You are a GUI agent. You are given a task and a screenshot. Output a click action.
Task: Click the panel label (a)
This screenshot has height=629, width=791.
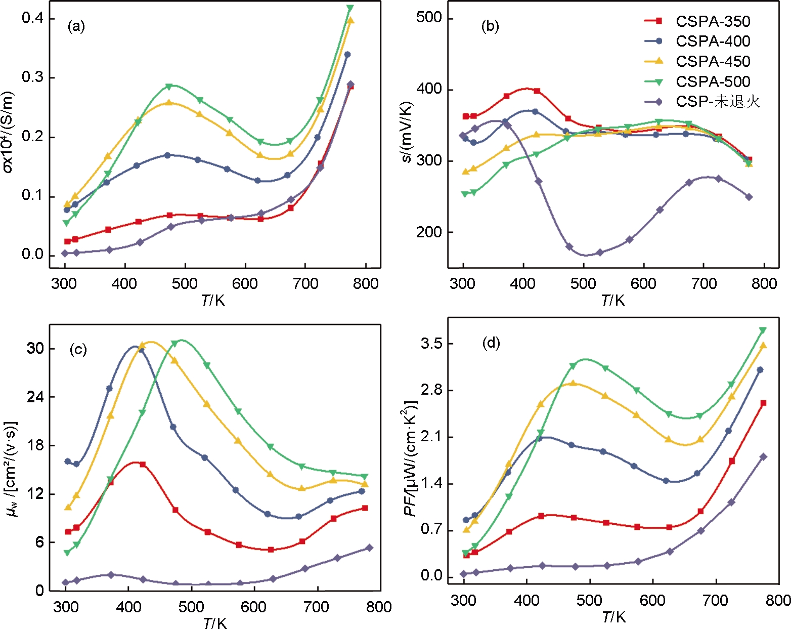click(76, 26)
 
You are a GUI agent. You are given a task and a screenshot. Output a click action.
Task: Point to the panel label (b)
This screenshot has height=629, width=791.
click(490, 26)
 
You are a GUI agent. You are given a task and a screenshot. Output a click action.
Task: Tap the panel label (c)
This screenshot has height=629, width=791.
click(78, 349)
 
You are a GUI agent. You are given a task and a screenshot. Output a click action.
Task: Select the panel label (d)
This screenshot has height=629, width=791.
click(491, 343)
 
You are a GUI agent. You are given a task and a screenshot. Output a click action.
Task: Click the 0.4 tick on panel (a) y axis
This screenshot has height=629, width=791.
click(32, 18)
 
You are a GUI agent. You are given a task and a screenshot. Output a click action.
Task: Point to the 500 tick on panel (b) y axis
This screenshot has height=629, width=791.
click(428, 18)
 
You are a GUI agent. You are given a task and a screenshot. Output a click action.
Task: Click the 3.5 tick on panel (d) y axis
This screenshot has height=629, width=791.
click(431, 344)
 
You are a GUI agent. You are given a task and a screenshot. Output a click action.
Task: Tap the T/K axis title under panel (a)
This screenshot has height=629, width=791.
click(213, 301)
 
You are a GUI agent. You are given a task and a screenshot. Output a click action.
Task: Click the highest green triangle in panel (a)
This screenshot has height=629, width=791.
click(350, 8)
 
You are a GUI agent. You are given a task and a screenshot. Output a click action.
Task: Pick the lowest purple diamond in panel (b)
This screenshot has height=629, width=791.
click(569, 247)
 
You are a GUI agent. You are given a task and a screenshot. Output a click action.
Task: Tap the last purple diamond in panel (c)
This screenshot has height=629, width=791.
click(369, 548)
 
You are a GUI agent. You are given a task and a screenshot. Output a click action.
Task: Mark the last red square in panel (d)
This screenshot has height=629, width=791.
click(763, 403)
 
